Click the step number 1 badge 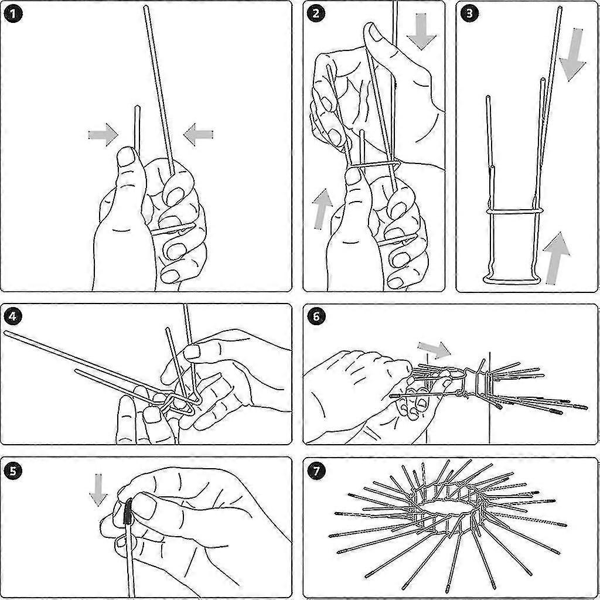click(13, 14)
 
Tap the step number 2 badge click(316, 14)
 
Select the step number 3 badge click(469, 14)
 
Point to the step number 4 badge click(13, 316)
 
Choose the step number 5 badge click(13, 471)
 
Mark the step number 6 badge click(316, 316)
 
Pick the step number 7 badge click(316, 471)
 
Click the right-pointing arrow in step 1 click(103, 135)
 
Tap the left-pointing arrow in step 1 click(198, 134)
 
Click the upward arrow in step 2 click(323, 209)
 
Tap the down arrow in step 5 click(98, 490)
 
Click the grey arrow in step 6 click(434, 350)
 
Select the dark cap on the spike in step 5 click(128, 511)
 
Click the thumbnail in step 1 click(127, 157)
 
